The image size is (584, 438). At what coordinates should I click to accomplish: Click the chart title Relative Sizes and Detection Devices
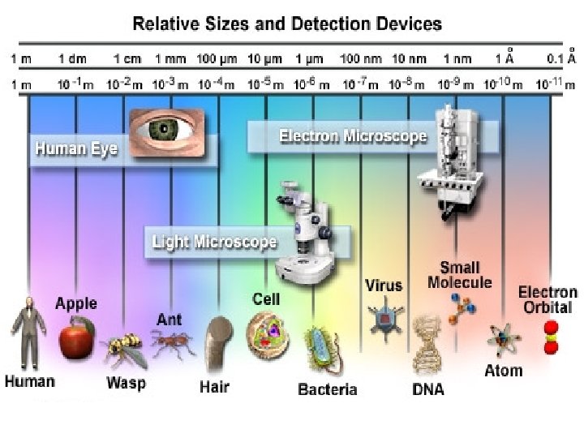(287, 22)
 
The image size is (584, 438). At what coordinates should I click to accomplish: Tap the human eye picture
(168, 127)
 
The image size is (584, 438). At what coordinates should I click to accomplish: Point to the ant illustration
(173, 343)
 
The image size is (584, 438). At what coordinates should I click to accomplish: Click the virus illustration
(383, 316)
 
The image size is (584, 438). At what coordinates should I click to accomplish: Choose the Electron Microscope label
(352, 136)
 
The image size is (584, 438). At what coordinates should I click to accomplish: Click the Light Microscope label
(214, 242)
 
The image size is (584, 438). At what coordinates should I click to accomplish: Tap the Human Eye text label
(76, 149)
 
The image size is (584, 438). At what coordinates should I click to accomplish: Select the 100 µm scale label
(216, 59)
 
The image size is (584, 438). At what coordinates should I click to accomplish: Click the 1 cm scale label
(127, 59)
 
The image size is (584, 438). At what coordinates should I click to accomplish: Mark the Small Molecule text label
(459, 275)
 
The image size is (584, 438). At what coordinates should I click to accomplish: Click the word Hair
(216, 387)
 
